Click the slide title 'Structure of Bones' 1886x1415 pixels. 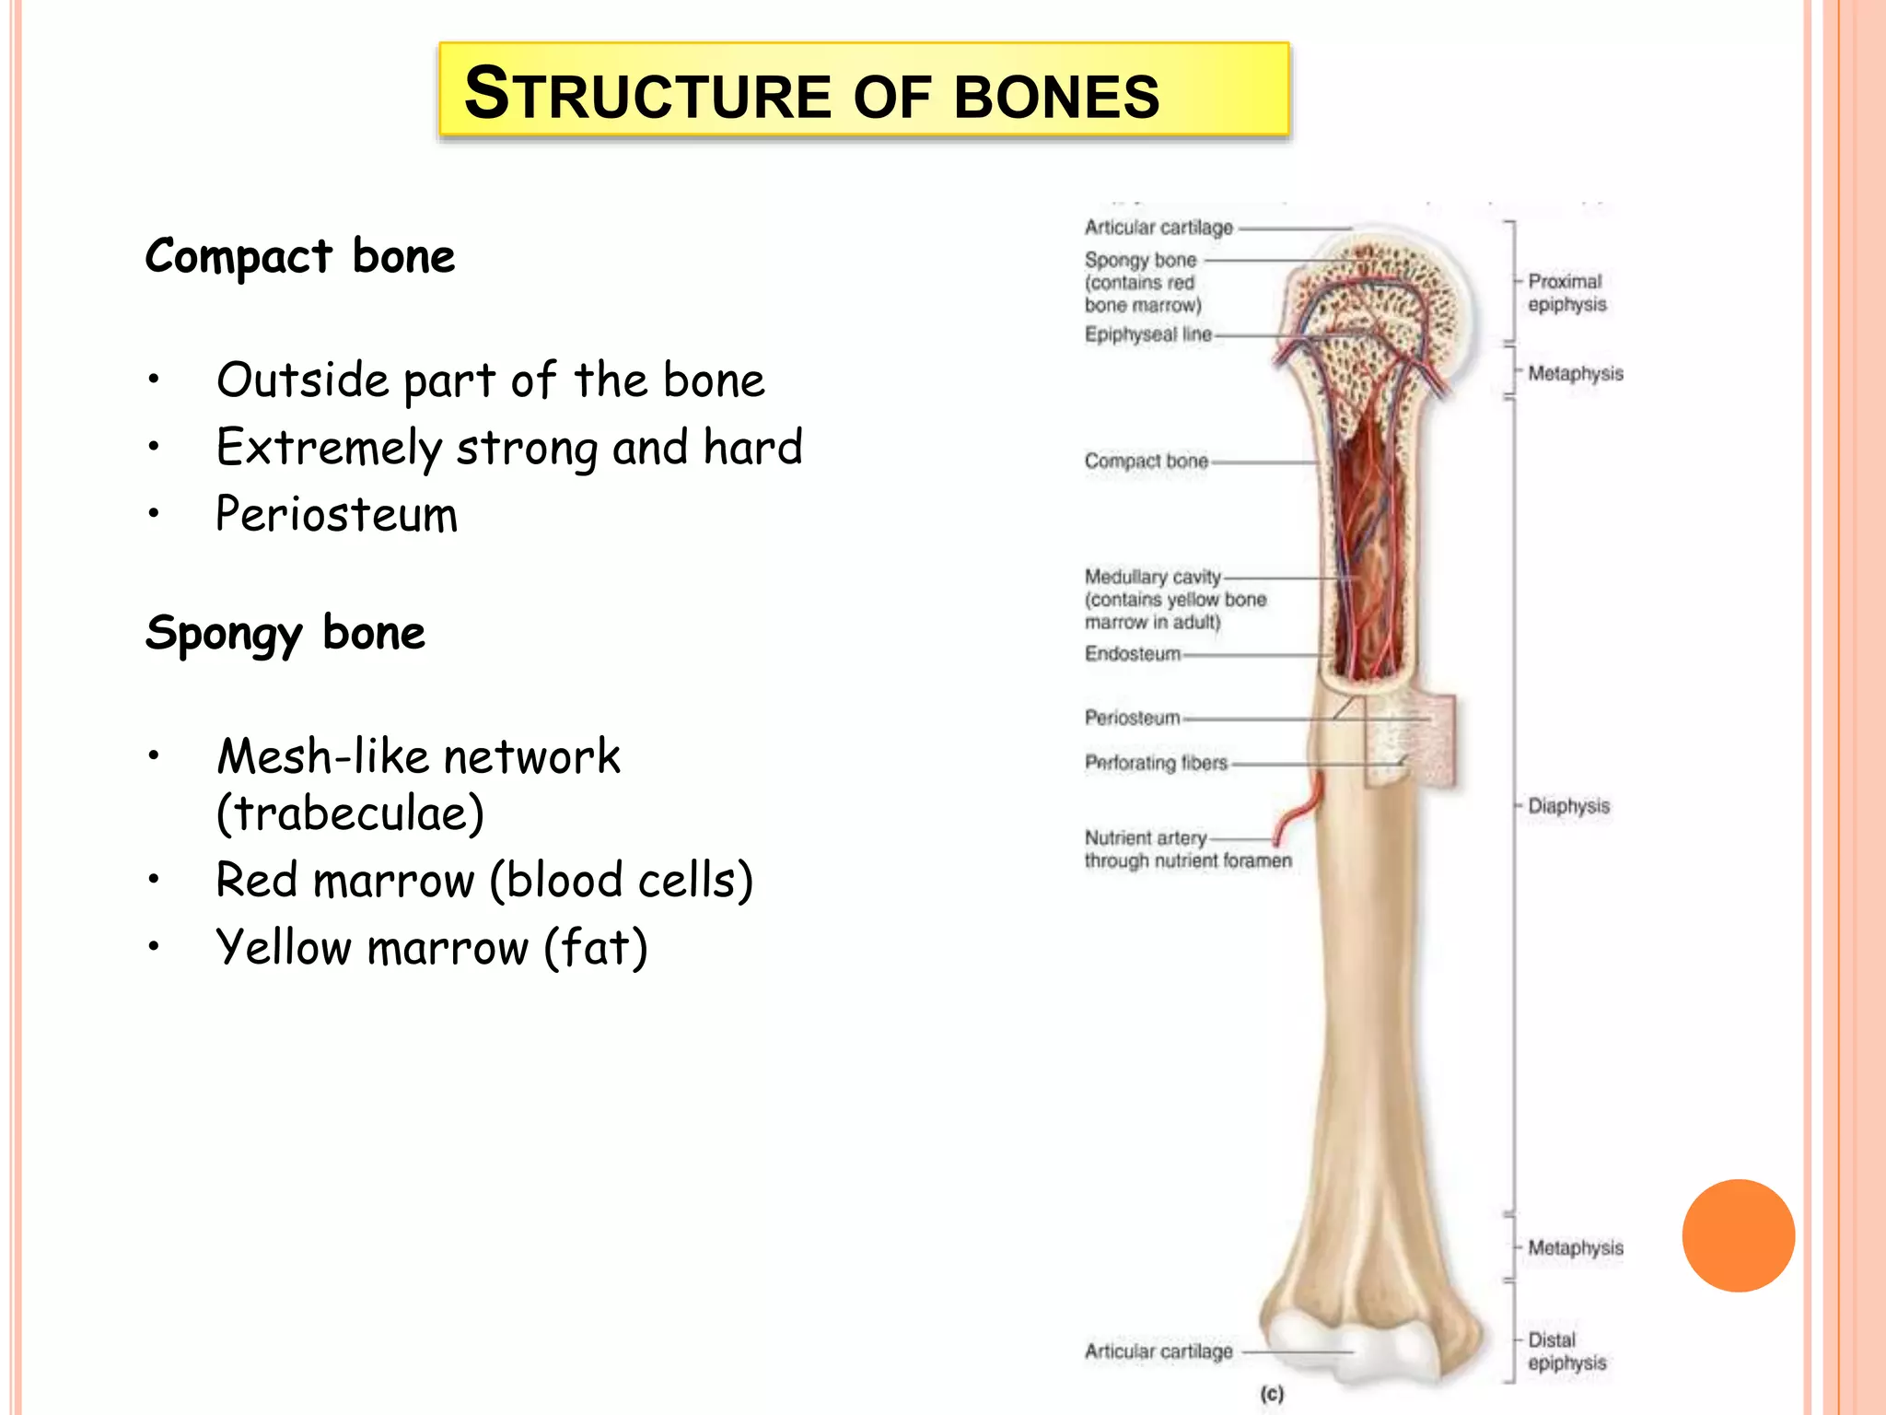[x=811, y=94]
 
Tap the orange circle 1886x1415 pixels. [x=1738, y=1235]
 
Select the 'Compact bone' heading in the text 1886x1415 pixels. [x=300, y=257]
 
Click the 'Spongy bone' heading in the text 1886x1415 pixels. [x=285, y=634]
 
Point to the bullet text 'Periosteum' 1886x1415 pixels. [x=336, y=514]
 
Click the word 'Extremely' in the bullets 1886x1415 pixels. [x=329, y=448]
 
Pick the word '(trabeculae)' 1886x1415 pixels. [x=350, y=813]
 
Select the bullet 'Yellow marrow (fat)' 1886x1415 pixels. [x=432, y=948]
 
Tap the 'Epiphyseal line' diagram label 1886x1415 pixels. [x=1147, y=334]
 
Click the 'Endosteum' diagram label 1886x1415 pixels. [x=1132, y=654]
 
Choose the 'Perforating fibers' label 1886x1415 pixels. [x=1156, y=763]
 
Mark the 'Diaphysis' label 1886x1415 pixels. [x=1568, y=806]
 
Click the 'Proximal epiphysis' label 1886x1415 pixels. [x=1566, y=293]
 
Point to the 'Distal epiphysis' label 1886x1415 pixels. [x=1566, y=1351]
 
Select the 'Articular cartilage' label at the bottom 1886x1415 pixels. [x=1158, y=1351]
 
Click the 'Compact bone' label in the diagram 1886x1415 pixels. [x=1146, y=461]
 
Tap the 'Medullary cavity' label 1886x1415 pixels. [x=1152, y=578]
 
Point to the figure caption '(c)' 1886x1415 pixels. [x=1272, y=1394]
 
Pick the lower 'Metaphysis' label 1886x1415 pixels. [x=1575, y=1248]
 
